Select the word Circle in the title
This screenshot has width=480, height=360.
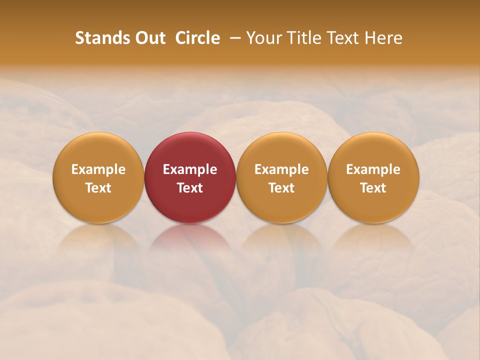click(x=197, y=38)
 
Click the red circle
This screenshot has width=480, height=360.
click(x=190, y=150)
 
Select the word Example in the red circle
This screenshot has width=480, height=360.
click(x=190, y=169)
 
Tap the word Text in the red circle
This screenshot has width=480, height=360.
click(x=190, y=188)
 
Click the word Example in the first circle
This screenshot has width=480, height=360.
click(x=98, y=169)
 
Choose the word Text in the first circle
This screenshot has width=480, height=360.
click(x=98, y=188)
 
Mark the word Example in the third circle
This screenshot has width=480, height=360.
click(x=281, y=169)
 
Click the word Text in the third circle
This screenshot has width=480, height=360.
click(x=281, y=188)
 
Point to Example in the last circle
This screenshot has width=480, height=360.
click(x=373, y=169)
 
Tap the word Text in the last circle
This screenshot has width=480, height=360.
click(x=373, y=188)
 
